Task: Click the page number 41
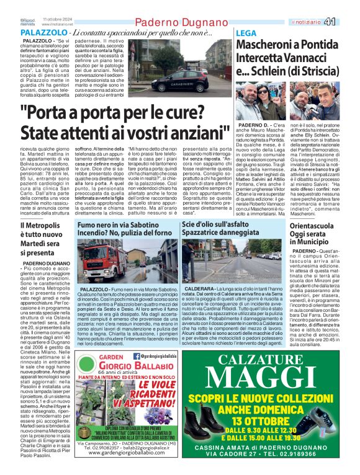coord(346,22)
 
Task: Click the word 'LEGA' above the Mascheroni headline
coord(246,32)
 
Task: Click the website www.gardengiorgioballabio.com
coord(122,453)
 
